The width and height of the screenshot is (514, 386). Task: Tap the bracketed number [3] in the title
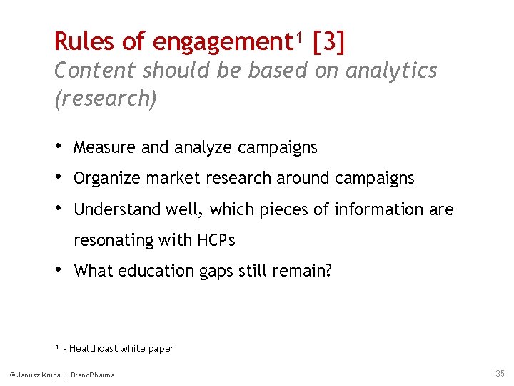tap(328, 42)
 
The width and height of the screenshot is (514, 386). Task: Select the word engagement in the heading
tap(218, 43)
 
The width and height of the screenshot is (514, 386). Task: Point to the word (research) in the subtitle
tap(106, 98)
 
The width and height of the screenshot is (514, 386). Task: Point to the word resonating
tap(114, 241)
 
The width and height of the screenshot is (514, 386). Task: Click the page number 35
tap(499, 374)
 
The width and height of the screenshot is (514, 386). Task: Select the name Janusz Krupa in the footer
tap(38, 375)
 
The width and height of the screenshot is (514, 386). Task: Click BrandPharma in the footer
tap(92, 375)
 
